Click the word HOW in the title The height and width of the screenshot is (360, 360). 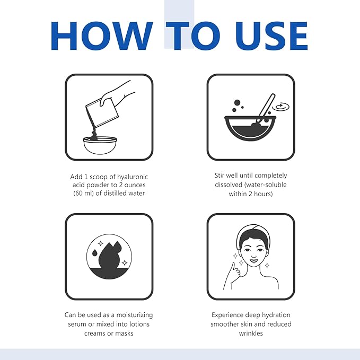(102, 36)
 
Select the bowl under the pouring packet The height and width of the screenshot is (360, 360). (100, 145)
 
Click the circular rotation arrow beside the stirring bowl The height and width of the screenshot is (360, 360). (280, 107)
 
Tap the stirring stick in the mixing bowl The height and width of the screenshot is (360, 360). (264, 111)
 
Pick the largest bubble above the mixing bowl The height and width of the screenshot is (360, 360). (237, 103)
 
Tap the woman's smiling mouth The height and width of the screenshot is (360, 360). (254, 260)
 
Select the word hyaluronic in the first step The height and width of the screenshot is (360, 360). (133, 177)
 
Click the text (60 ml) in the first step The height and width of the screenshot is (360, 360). (84, 193)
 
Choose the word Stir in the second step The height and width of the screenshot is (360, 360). (219, 175)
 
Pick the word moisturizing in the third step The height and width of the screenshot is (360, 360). (135, 315)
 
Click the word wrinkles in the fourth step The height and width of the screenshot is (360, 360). (251, 333)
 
